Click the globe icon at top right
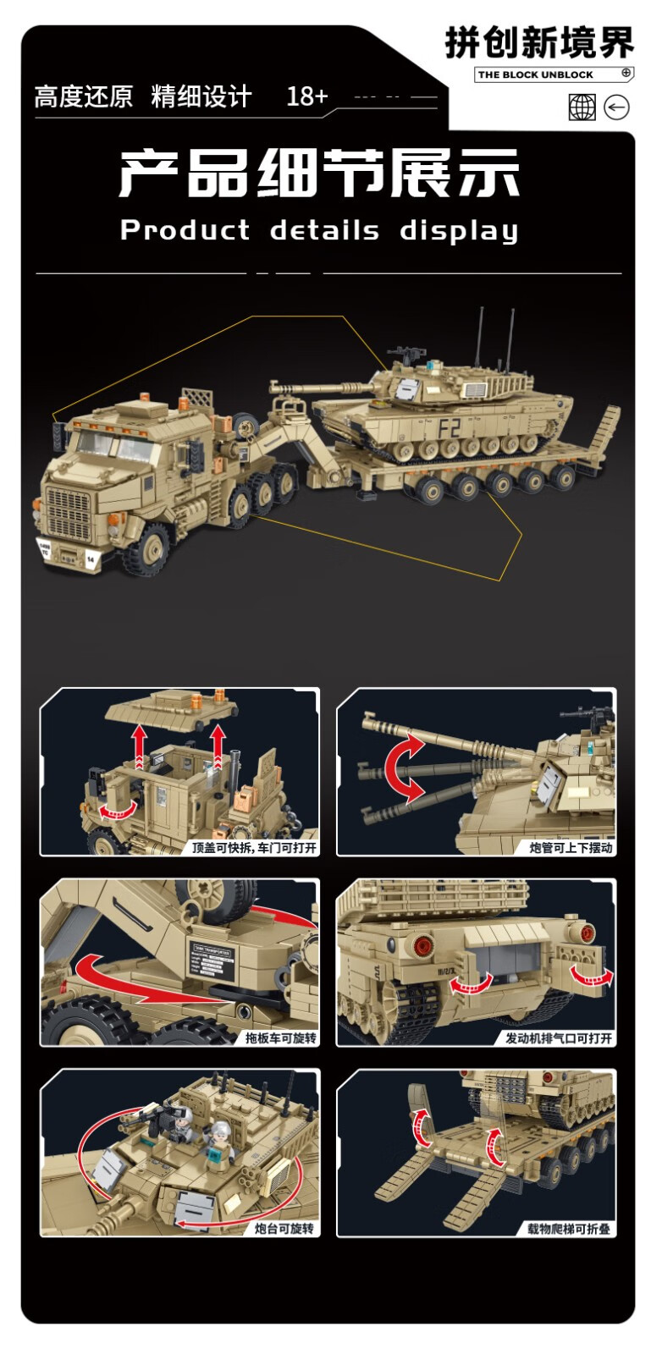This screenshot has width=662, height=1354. click(x=582, y=107)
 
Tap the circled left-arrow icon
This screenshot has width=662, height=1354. click(x=616, y=107)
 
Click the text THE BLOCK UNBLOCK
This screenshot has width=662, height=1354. click(x=536, y=75)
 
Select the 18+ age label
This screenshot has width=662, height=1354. click(x=306, y=96)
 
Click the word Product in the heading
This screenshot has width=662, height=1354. click(x=185, y=229)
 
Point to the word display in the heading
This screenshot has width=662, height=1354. click(x=459, y=231)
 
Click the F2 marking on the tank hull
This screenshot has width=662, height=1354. click(x=450, y=428)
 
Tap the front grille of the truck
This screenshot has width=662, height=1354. click(x=69, y=508)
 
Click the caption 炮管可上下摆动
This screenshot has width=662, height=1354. click(x=571, y=848)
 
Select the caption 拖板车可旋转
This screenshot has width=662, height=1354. click(x=280, y=1038)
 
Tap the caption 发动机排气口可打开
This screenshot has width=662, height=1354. click(x=559, y=1038)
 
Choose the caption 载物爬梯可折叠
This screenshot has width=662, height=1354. click(x=568, y=1228)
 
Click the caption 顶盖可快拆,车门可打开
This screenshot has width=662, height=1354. click(x=254, y=848)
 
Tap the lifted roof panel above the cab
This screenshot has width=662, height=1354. click(x=172, y=709)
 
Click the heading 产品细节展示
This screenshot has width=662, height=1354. click(x=319, y=173)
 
